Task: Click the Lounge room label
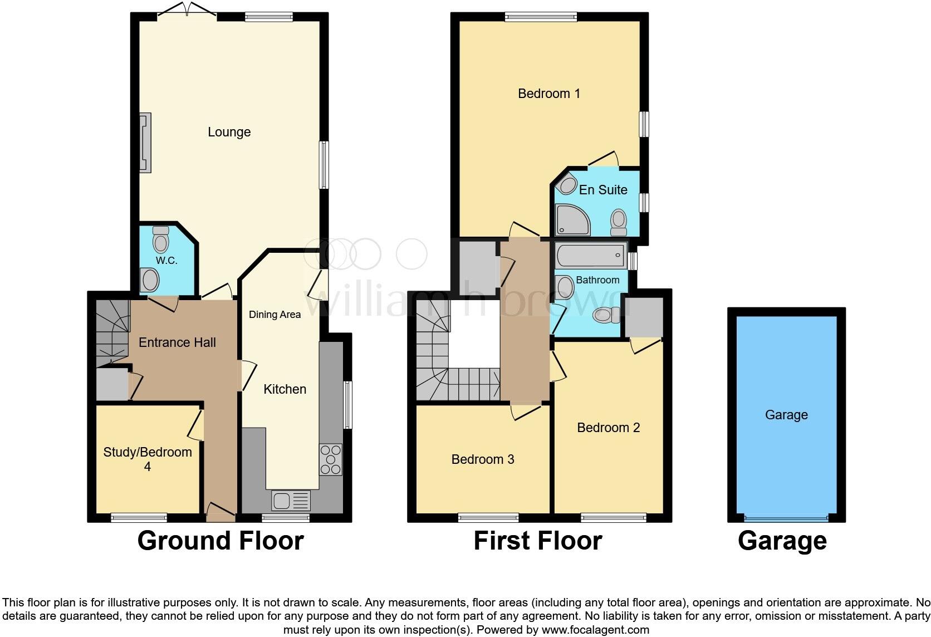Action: (229, 132)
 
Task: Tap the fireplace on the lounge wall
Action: (145, 143)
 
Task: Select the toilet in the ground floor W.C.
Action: (161, 239)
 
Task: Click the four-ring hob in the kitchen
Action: (330, 459)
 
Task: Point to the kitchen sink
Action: (291, 501)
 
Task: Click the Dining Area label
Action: (275, 315)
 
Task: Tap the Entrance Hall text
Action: (177, 342)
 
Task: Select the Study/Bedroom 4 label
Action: (148, 459)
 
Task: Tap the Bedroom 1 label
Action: (548, 94)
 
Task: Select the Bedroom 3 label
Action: (482, 459)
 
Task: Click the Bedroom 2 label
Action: (608, 428)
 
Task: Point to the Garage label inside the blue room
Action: (786, 415)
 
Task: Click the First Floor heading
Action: (537, 541)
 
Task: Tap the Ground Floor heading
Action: (220, 541)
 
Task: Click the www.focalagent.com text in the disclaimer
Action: (595, 630)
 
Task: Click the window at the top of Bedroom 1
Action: (541, 17)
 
